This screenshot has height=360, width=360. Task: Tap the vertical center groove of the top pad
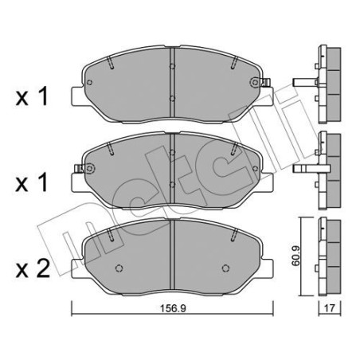[x=174, y=80]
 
